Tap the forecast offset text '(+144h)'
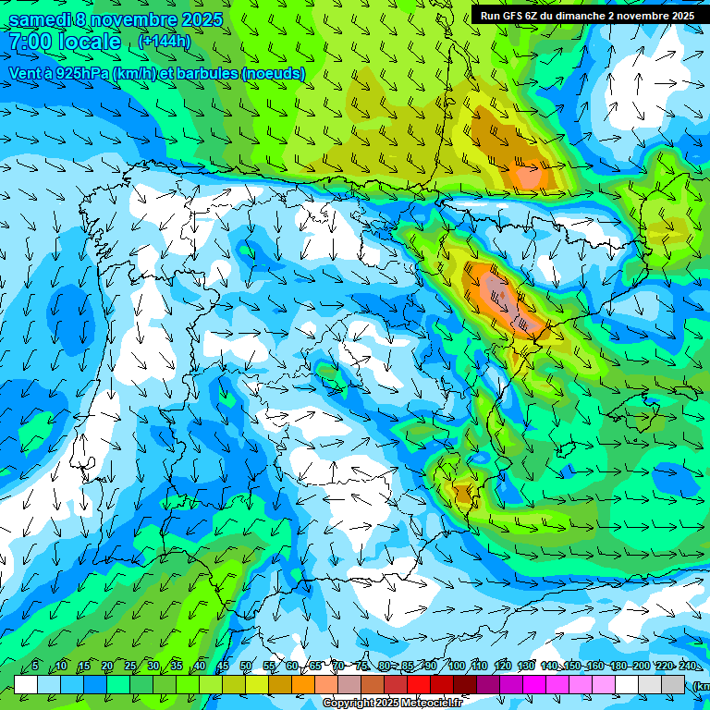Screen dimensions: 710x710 pyautogui.click(x=164, y=42)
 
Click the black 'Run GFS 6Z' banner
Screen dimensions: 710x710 pyautogui.click(x=587, y=16)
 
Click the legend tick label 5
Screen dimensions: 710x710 pyautogui.click(x=35, y=667)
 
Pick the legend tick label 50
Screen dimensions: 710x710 pyautogui.click(x=245, y=667)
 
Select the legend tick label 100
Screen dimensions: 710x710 pyautogui.click(x=456, y=667)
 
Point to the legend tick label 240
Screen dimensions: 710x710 pyautogui.click(x=687, y=667)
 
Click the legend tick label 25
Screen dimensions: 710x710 pyautogui.click(x=130, y=667)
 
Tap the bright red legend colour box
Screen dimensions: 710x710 pyautogui.click(x=419, y=684)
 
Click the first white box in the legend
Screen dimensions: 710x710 pyautogui.click(x=26, y=684)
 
